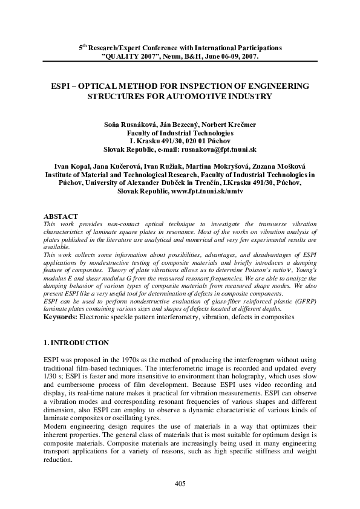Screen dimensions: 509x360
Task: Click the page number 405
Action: click(x=180, y=483)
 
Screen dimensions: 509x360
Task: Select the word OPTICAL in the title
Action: click(x=101, y=86)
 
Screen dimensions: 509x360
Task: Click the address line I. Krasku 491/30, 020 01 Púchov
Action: click(x=180, y=140)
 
